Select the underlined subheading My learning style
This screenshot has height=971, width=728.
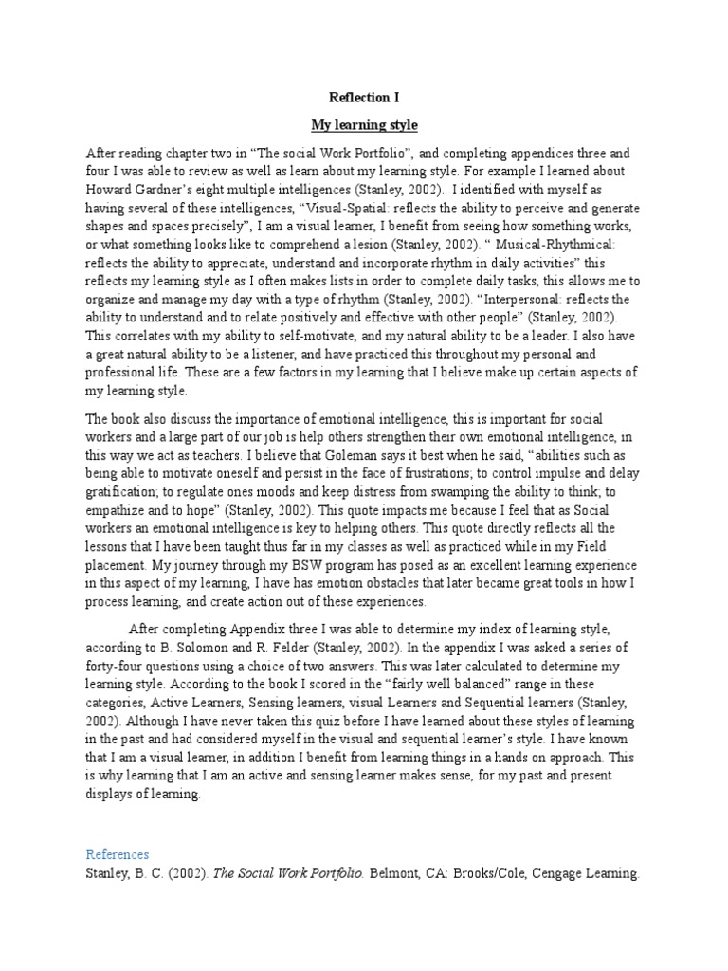click(x=364, y=124)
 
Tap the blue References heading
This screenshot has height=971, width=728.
click(x=118, y=853)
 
